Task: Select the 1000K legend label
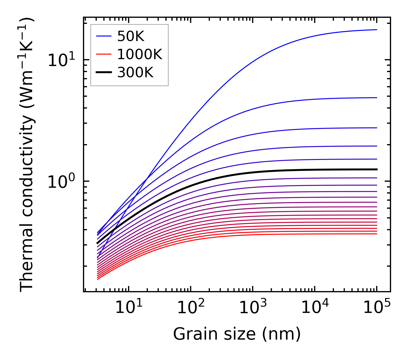[140, 54]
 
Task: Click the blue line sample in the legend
[103, 36]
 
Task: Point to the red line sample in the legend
[103, 54]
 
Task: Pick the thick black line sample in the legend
[103, 73]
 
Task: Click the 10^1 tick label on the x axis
[128, 308]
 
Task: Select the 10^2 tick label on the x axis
[190, 308]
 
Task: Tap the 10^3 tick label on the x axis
[252, 308]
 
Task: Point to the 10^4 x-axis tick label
[314, 308]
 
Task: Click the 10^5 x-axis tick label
[376, 308]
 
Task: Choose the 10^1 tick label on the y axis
[61, 61]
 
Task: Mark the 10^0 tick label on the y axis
[61, 182]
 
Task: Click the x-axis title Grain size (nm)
[237, 334]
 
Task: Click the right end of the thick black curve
[377, 169]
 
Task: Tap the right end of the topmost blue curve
[377, 30]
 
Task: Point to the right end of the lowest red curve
[377, 234]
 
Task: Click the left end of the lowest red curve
[98, 279]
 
